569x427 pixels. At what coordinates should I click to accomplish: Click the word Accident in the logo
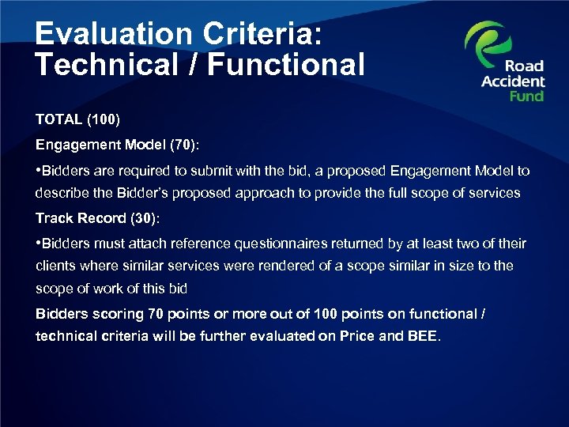coord(513,81)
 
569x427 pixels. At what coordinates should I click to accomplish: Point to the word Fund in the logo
coord(526,96)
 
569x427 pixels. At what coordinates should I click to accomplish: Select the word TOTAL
coord(58,119)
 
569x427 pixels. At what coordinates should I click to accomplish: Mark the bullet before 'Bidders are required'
coord(38,171)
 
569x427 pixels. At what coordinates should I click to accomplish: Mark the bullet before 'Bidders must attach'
coord(38,244)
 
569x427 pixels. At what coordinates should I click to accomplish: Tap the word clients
coord(55,266)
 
